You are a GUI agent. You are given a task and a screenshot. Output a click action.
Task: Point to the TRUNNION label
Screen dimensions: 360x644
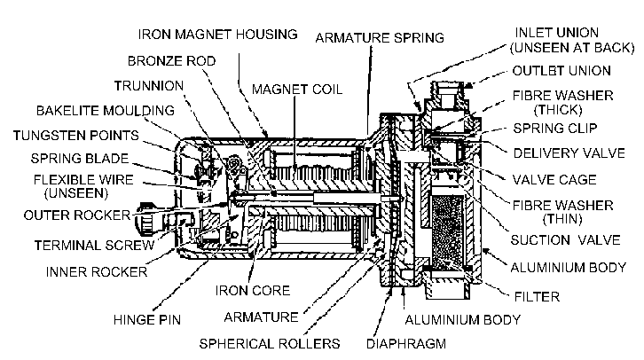pyautogui.click(x=148, y=85)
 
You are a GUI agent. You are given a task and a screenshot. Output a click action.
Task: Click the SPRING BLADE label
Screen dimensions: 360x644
pyautogui.click(x=68, y=160)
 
